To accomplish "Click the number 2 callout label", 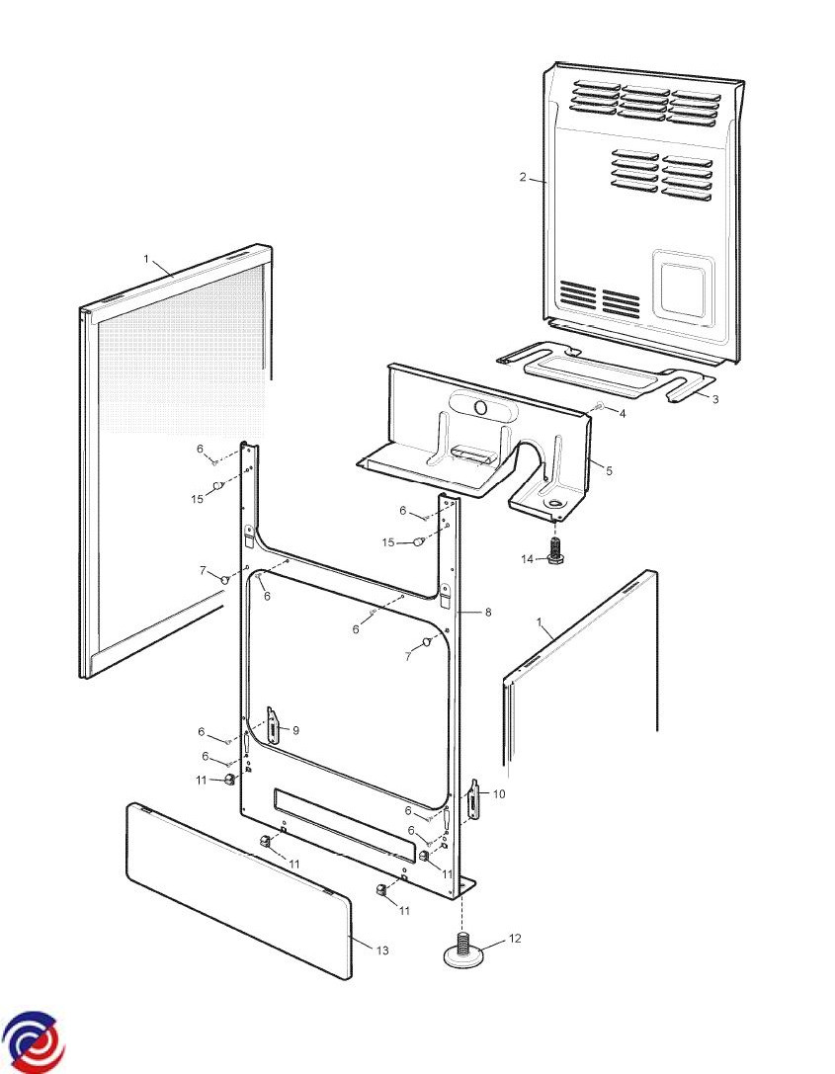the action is [x=523, y=178].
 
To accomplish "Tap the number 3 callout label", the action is [x=715, y=399].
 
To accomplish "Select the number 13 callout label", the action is [x=382, y=950].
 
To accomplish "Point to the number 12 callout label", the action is [x=515, y=938].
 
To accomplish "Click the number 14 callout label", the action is [x=527, y=559].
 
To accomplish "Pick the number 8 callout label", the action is [x=488, y=613].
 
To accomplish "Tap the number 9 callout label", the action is [x=295, y=731].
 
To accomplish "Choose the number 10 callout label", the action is [x=499, y=793].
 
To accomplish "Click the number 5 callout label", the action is [x=609, y=471].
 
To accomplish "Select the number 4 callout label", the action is [x=623, y=414].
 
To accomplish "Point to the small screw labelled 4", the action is [x=600, y=406].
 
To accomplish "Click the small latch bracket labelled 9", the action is [x=273, y=724].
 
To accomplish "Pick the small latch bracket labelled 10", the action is [x=473, y=798].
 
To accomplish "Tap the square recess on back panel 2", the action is [x=683, y=287].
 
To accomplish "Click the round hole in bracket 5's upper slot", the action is [x=481, y=409].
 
